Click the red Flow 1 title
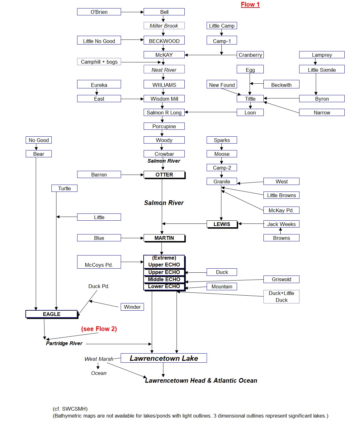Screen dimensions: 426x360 pos(250,4)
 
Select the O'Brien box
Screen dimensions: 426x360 pos(99,12)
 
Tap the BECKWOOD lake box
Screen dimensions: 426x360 pos(164,41)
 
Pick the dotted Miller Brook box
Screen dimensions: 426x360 pos(164,26)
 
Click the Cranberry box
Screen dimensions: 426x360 pos(250,55)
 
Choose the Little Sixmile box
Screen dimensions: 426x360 pos(321,70)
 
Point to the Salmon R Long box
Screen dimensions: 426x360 pos(164,112)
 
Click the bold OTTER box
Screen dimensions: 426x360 pos(164,175)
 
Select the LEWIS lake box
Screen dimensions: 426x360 pos(222,224)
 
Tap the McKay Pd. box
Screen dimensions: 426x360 pos(281,210)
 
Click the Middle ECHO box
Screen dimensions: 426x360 pos(164,279)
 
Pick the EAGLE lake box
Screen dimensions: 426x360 pos(51,314)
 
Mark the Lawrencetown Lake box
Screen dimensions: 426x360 pos(164,358)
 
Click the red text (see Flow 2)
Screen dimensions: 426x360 pos(99,329)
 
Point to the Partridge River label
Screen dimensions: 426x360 pos(64,343)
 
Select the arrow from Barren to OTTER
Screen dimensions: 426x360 pos(132,175)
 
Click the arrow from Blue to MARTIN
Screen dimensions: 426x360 pos(132,238)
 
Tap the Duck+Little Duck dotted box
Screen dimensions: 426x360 pos(281,297)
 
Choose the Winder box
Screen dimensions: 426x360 pos(132,307)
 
